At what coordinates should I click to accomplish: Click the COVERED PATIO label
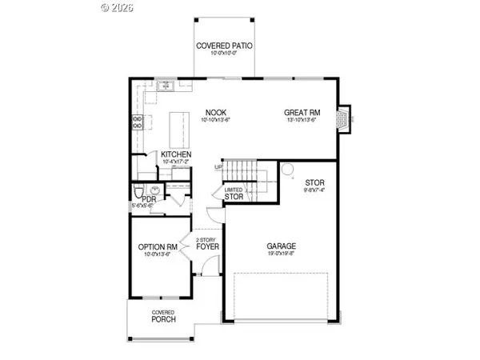coord(225,46)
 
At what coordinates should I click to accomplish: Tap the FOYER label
coord(208,246)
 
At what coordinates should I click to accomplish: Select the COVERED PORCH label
coord(163,317)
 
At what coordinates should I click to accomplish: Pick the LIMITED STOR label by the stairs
coord(234,192)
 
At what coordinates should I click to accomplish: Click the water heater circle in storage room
coord(286,169)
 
